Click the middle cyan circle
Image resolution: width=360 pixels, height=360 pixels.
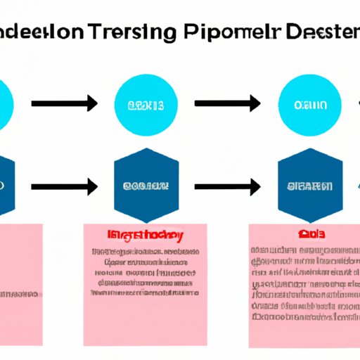[x=146, y=105]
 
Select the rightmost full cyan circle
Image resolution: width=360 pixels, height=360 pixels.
[x=309, y=105]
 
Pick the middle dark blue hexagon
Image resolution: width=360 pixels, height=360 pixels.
[x=146, y=186]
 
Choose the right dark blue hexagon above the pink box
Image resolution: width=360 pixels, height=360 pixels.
[x=309, y=186]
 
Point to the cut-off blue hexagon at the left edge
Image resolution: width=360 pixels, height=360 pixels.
[x=6, y=186]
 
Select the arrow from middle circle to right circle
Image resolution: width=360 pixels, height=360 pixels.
[x=227, y=105]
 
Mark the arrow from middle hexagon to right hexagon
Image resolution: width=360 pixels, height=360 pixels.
[x=227, y=187]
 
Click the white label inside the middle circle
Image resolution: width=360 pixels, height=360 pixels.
[x=146, y=106]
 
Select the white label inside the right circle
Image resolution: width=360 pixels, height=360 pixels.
[x=310, y=106]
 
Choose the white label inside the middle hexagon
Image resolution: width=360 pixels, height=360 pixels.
[x=146, y=186]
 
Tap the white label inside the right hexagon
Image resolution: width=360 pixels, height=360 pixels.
[x=310, y=186]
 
